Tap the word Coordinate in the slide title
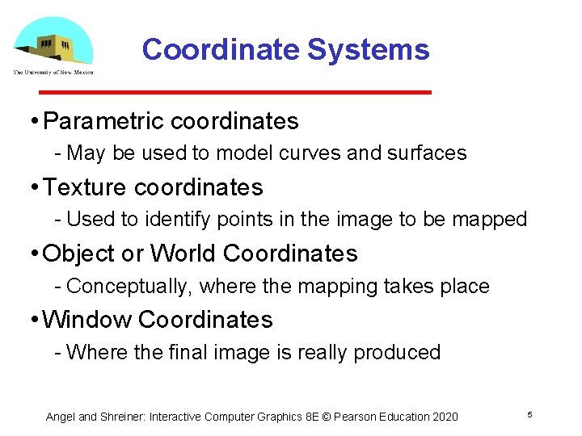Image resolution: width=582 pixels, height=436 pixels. click(221, 50)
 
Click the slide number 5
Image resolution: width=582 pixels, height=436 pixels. click(529, 414)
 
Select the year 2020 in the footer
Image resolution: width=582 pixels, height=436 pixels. click(444, 417)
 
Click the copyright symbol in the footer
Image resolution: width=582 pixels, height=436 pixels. click(328, 417)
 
